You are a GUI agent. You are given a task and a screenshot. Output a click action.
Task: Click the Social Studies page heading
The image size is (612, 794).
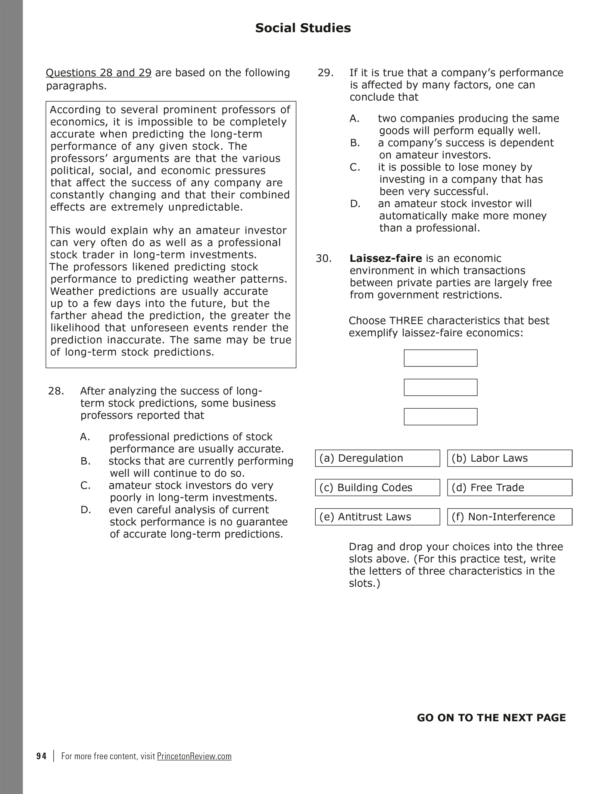coord(303,28)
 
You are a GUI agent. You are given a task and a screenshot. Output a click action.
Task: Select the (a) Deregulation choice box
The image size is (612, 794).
coord(377,458)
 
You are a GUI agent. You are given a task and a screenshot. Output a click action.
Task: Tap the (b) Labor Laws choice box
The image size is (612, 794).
coord(509,458)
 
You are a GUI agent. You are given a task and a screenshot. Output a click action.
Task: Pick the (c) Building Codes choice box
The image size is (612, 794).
coord(377,487)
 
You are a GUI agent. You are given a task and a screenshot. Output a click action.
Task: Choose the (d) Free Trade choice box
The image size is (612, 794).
coord(509,487)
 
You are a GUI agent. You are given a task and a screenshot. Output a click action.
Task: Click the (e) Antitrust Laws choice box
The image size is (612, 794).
coord(377,517)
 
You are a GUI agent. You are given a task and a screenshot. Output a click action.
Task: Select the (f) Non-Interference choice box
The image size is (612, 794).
coord(509,517)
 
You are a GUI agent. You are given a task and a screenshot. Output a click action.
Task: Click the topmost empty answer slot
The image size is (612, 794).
coord(440,358)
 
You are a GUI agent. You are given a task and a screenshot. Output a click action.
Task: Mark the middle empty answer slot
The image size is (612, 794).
coord(440,387)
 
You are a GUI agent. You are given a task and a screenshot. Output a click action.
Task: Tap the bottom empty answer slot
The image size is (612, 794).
coord(440,417)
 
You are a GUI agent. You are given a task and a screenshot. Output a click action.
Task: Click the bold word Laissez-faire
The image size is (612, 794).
coord(385,258)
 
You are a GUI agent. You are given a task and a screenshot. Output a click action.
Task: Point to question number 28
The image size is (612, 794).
coord(56,391)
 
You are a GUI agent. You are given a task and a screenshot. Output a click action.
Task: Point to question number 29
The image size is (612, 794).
coord(325,73)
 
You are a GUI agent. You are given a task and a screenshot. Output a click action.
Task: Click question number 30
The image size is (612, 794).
coord(324,258)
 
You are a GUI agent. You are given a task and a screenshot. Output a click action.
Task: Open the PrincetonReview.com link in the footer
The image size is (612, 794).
coord(194,756)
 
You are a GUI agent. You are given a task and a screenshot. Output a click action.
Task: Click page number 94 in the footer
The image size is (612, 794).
coord(41,756)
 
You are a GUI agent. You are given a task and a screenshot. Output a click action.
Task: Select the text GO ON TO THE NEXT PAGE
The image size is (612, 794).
coord(491,718)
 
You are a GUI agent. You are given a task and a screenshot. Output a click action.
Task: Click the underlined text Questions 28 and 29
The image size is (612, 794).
coord(99,73)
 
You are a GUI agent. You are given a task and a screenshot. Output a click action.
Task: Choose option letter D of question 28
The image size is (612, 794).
coord(85,510)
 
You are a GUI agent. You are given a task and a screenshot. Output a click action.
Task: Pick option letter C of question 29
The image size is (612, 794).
coord(355,167)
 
